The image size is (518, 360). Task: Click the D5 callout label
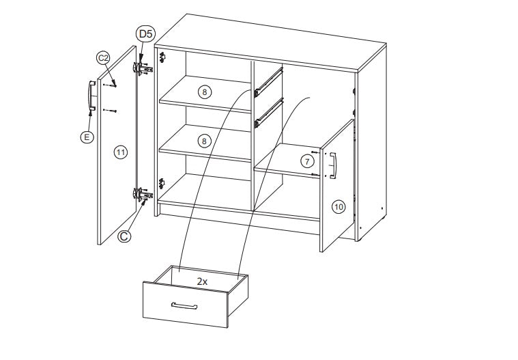coord(145,34)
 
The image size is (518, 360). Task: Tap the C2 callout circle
coord(103,58)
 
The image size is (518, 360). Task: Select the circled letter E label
coord(87,137)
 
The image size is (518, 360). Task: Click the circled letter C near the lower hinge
coord(124,236)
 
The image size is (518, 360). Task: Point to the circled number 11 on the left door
coord(121,152)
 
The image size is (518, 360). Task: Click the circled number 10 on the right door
coord(339,207)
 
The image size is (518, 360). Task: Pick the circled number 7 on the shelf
coord(308,162)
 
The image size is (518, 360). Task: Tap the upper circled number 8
coord(205,92)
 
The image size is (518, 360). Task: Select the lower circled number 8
coord(204,141)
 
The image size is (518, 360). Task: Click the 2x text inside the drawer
coord(202,281)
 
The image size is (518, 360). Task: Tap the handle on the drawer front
coord(184,306)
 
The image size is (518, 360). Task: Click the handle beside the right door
coord(333,165)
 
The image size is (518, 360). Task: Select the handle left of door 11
coord(91,96)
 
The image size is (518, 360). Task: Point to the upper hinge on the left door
coord(143,68)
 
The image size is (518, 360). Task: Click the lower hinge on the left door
coord(143,194)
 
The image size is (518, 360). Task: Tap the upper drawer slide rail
coord(269,82)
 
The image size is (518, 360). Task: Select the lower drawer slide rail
coord(269,113)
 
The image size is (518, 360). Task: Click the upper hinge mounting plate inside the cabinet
coord(162,58)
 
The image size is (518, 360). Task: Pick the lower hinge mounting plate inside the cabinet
coord(162,184)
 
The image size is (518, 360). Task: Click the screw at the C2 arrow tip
coord(114,86)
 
